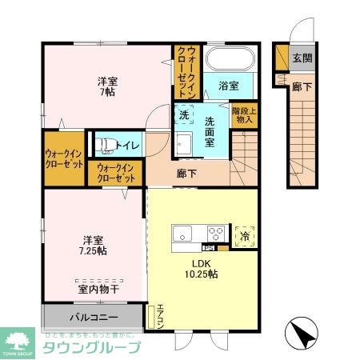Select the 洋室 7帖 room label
pos(107,86)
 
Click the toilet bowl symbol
pos(104,146)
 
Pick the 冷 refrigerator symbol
pos(245,234)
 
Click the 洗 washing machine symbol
pos(184,115)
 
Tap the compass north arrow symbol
pos(302,330)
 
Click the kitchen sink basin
pos(182,234)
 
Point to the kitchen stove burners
pos(214,234)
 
